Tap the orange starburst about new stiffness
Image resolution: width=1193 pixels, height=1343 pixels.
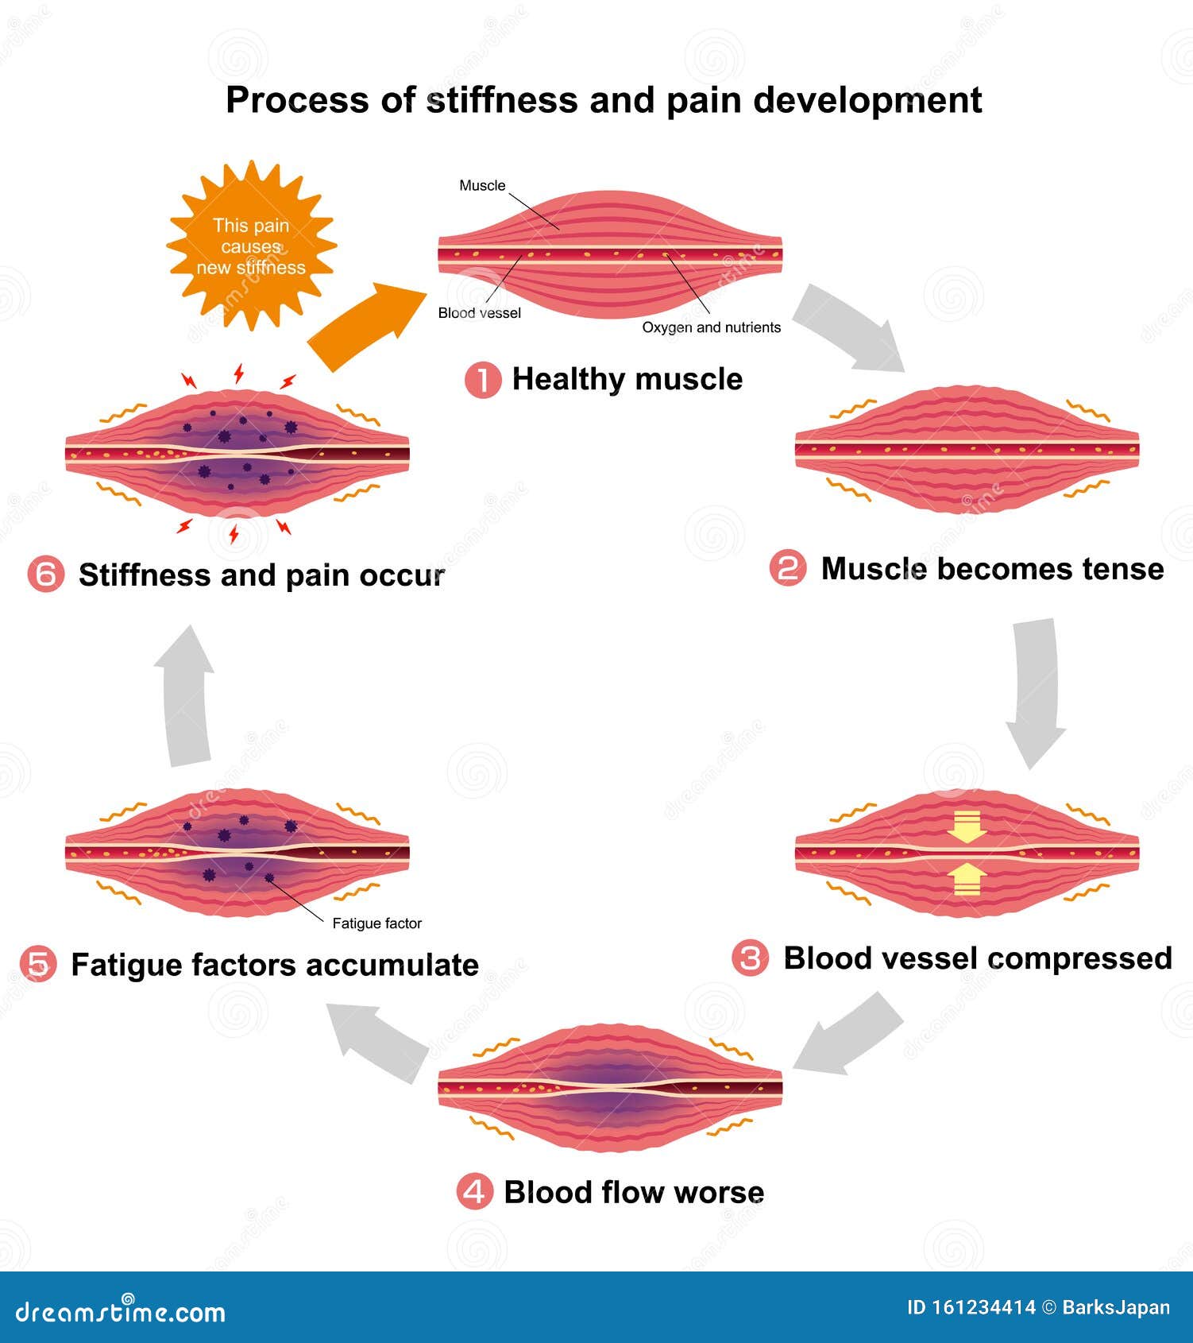251,246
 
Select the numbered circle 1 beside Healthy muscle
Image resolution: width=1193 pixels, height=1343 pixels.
482,380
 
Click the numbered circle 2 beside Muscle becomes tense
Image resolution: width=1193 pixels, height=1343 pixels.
788,569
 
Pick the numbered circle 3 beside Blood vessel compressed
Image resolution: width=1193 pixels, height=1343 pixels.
750,958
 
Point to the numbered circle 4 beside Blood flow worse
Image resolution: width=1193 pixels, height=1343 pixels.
474,1192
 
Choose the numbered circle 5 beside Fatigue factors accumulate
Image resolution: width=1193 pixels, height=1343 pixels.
38,965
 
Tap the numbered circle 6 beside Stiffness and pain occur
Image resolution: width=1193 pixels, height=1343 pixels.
45,575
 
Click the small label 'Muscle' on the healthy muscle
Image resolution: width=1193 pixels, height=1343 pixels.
482,186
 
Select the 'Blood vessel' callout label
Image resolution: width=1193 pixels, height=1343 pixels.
479,313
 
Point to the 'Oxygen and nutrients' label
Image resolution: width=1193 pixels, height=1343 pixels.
711,327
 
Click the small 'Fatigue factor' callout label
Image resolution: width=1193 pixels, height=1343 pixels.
376,923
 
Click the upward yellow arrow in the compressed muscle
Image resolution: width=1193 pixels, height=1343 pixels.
967,880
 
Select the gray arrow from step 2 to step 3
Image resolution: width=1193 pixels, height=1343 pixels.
1036,691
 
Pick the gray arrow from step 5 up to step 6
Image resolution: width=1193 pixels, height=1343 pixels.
186,695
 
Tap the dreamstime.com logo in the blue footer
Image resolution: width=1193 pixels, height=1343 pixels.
121,1312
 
